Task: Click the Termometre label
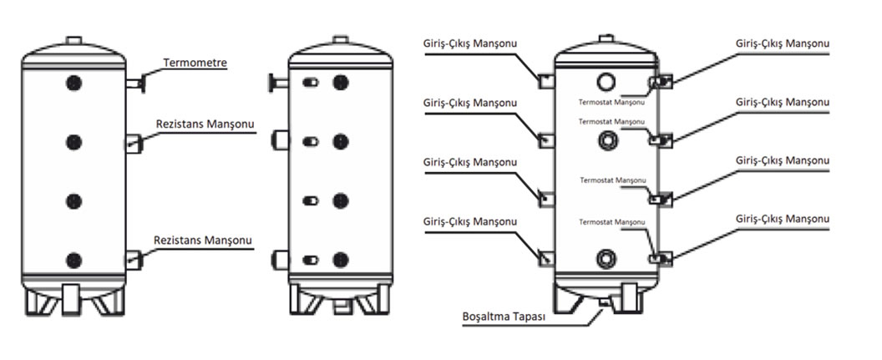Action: pyautogui.click(x=195, y=63)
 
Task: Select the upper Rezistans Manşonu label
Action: pyautogui.click(x=205, y=123)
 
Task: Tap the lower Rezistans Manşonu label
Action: pyautogui.click(x=203, y=240)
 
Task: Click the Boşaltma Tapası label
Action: pyautogui.click(x=503, y=318)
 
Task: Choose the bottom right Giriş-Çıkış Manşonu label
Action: pyautogui.click(x=783, y=218)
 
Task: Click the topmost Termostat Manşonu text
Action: pyautogui.click(x=612, y=102)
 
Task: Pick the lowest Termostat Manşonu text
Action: pyautogui.click(x=612, y=221)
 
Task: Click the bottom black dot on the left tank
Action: pyautogui.click(x=74, y=259)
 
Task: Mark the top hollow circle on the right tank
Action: pyautogui.click(x=606, y=81)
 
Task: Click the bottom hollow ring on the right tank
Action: pyautogui.click(x=606, y=256)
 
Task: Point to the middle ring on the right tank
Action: pyautogui.click(x=606, y=142)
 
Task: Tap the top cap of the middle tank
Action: pyautogui.click(x=340, y=39)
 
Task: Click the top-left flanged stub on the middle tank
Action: pyautogui.click(x=276, y=83)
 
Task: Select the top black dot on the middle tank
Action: pyautogui.click(x=340, y=83)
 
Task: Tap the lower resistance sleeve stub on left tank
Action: pyautogui.click(x=134, y=259)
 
